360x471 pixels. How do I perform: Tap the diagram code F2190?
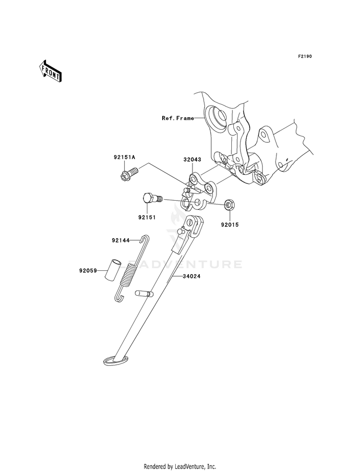click(x=305, y=57)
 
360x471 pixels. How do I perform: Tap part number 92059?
click(x=89, y=271)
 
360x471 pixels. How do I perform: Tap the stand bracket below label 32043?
click(x=198, y=193)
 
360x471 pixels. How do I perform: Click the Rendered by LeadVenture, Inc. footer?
click(x=180, y=466)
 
